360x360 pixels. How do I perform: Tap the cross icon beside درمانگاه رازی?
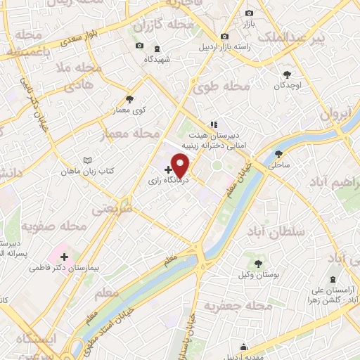coord(168,169)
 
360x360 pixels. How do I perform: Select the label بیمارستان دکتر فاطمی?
coord(63,268)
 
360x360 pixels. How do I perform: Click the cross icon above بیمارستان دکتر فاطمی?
coord(64,257)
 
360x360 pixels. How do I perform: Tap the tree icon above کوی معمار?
coord(129,99)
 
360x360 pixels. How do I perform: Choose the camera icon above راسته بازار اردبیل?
coord(224,37)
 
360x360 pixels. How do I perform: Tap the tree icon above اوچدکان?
coord(287,75)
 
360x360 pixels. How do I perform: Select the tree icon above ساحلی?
coord(279,154)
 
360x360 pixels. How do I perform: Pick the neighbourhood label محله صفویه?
coord(53,226)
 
